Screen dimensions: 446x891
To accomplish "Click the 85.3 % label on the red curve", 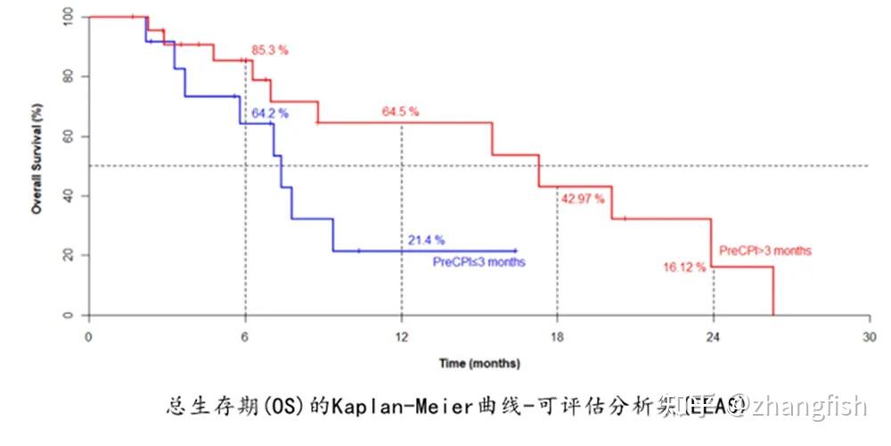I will point(270,51).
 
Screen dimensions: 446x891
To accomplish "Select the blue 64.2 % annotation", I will point(270,113).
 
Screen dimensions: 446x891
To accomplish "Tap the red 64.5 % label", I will point(400,112).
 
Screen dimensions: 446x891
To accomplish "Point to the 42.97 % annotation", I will point(584,198).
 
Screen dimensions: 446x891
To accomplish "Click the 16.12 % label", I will point(684,267).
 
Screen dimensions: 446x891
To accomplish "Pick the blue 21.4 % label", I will point(426,240).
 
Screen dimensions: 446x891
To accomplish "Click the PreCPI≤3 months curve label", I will point(479,262).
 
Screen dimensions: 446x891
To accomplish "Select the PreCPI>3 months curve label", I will point(765,251).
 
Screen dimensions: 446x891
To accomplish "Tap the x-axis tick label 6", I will point(245,337).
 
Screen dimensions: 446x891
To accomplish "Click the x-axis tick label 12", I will point(402,337).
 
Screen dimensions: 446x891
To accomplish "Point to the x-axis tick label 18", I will point(557,337).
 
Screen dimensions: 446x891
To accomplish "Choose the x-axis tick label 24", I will point(714,337).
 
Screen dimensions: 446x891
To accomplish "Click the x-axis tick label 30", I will point(870,337).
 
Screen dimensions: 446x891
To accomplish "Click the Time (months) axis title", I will point(479,363).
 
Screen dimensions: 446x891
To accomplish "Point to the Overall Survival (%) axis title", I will point(37,166).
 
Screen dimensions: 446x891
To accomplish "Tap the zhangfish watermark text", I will point(806,408).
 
